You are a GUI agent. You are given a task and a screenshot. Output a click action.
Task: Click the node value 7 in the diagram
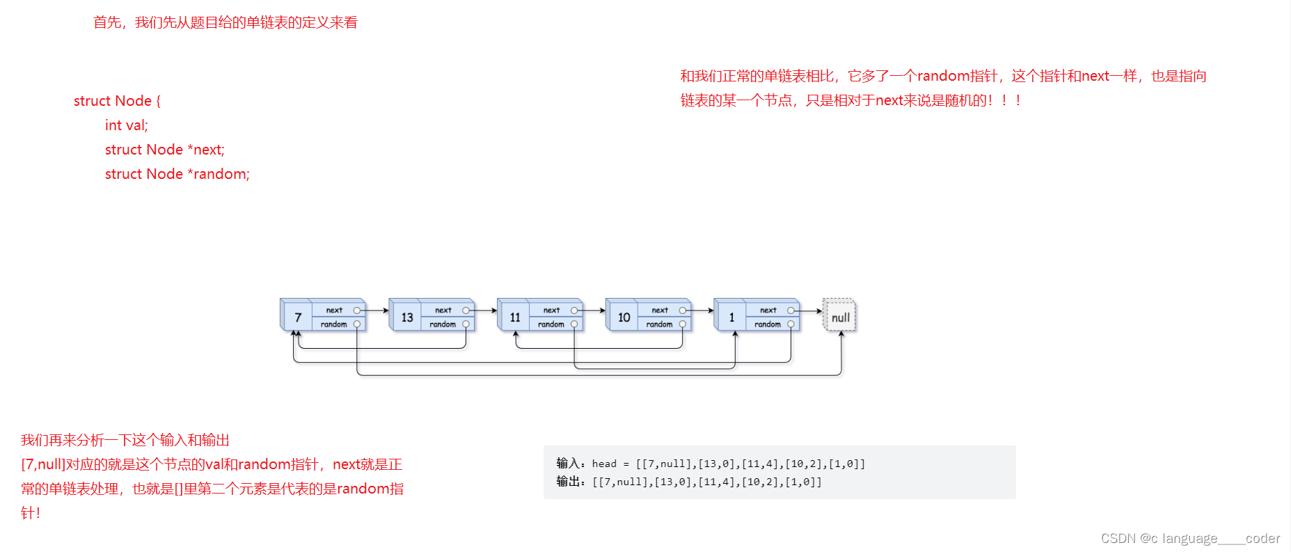coord(298,317)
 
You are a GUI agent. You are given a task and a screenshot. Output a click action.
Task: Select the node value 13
coord(407,317)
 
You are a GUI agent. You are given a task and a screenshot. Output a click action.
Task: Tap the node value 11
coord(515,317)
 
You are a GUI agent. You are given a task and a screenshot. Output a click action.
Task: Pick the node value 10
coord(624,317)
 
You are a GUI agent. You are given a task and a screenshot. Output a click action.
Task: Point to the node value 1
coord(731,317)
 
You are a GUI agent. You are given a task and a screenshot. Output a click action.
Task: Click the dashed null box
coord(840,317)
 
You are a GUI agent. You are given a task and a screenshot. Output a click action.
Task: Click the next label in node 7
coord(334,310)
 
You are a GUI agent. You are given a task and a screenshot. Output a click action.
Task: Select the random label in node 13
coord(443,324)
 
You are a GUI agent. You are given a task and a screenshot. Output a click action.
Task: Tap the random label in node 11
coord(551,324)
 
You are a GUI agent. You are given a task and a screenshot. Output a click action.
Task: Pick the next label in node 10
coord(660,310)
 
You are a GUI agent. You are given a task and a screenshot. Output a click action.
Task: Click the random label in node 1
coord(768,324)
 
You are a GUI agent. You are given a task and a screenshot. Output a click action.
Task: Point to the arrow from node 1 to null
coord(810,310)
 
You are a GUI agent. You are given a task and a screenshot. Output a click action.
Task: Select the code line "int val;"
coord(127,125)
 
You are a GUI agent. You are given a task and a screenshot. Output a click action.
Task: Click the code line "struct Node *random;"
coord(177,174)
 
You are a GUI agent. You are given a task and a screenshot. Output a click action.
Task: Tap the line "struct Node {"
coord(117,101)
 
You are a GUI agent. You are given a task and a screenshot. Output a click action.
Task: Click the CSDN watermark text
coord(1190,538)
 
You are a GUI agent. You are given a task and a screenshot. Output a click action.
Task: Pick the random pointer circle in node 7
coord(357,324)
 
